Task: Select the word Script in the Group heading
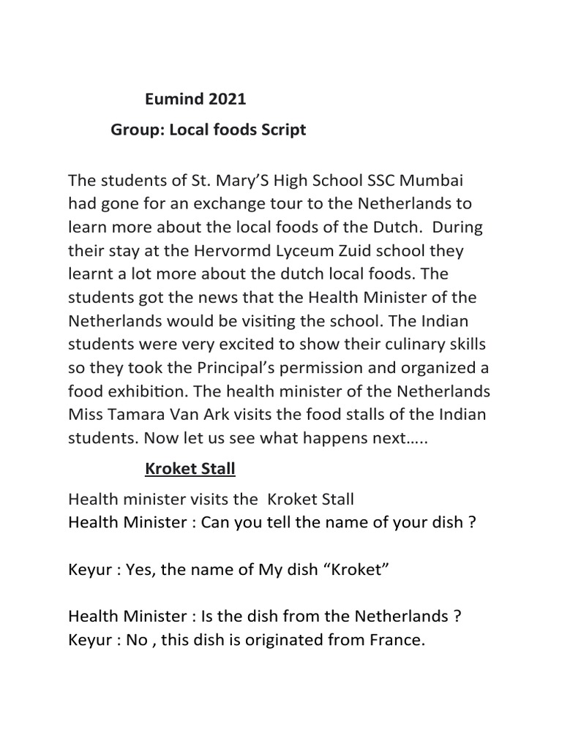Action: [282, 130]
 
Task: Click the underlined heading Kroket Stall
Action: [190, 469]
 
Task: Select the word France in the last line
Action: [396, 640]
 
